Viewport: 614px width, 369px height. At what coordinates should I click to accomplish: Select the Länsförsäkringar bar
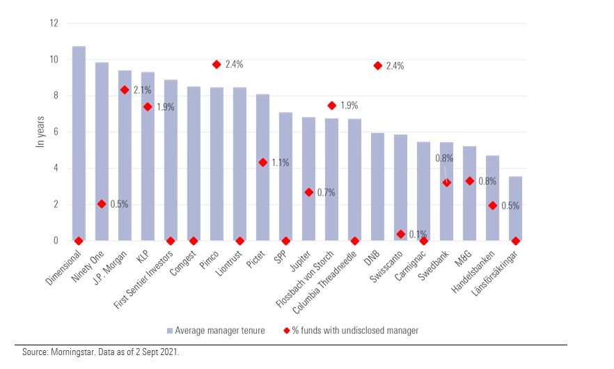[515, 209]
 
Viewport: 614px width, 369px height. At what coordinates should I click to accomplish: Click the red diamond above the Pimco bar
[217, 64]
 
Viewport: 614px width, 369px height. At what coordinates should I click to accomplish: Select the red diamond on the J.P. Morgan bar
[125, 90]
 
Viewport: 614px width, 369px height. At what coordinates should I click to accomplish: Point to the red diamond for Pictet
[262, 162]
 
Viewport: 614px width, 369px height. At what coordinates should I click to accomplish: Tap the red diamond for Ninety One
[102, 204]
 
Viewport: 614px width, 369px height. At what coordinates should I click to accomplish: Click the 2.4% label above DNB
[395, 66]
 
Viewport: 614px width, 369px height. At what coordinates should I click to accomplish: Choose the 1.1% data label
[280, 163]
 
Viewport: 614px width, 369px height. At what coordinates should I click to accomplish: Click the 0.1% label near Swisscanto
[418, 234]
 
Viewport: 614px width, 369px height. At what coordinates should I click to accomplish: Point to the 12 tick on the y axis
[53, 23]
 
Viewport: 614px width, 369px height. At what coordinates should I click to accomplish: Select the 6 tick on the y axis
[55, 132]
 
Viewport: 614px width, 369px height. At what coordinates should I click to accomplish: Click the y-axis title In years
[40, 132]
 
